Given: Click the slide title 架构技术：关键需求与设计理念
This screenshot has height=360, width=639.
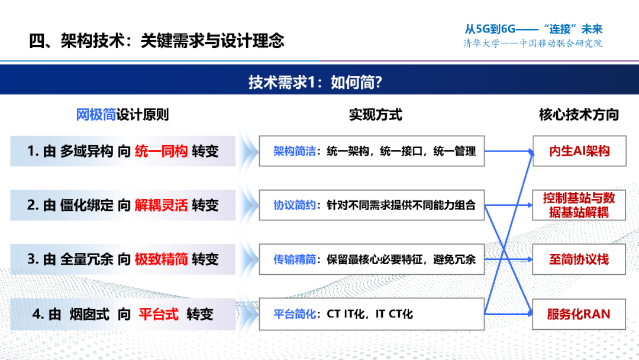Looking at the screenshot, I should [157, 40].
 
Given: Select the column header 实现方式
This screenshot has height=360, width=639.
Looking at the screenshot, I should [375, 115].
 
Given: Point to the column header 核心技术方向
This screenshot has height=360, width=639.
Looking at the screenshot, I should [578, 115].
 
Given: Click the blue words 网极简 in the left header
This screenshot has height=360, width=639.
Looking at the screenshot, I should [96, 115].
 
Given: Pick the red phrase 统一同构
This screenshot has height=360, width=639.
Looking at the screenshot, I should [161, 151].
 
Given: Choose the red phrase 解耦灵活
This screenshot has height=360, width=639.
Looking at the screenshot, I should [161, 205].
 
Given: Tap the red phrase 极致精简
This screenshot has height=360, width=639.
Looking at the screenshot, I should [161, 259].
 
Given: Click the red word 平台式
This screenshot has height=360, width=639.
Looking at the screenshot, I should [158, 314].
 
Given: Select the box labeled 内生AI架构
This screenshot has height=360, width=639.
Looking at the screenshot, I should [579, 151].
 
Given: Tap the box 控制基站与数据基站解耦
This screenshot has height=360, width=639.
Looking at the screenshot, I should [579, 205].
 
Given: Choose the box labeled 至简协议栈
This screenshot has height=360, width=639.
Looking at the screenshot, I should [579, 259].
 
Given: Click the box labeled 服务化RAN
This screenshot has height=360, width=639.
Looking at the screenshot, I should [579, 314].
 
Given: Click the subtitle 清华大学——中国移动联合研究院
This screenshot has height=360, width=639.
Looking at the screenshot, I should [532, 44].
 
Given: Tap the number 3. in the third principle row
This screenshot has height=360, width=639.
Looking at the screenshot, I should [34, 259].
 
